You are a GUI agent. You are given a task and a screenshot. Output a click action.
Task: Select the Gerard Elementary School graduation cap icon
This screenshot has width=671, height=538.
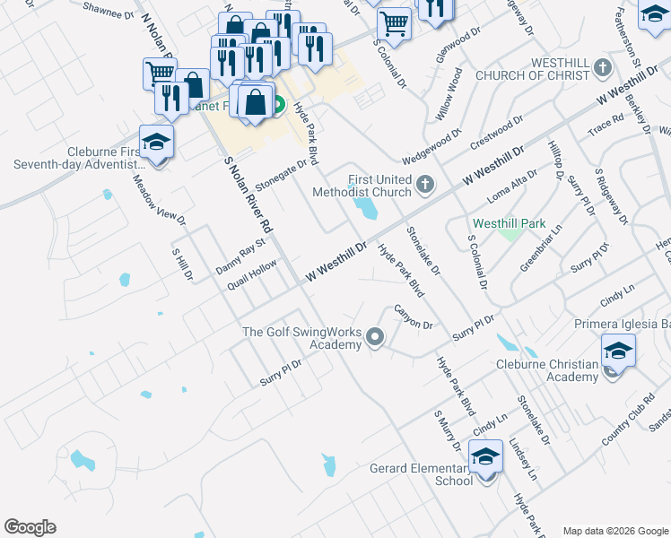(486, 457)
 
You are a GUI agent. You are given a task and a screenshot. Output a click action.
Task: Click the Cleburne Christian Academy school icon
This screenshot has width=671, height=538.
(618, 351)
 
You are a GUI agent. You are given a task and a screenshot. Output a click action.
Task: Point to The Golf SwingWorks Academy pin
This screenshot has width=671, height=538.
(375, 338)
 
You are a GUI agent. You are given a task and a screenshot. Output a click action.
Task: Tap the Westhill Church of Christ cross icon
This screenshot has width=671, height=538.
(603, 67)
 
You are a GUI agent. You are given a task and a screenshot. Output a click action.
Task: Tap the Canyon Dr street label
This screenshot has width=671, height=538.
(414, 316)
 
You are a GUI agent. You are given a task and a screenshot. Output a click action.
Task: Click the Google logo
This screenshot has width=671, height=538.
(30, 527)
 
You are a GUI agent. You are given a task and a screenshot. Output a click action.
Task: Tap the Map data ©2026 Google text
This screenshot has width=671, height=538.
(614, 531)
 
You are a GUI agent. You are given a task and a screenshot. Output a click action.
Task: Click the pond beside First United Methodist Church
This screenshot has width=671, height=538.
(366, 209)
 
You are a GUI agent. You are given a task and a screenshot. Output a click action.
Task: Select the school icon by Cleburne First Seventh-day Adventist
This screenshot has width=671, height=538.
(156, 143)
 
